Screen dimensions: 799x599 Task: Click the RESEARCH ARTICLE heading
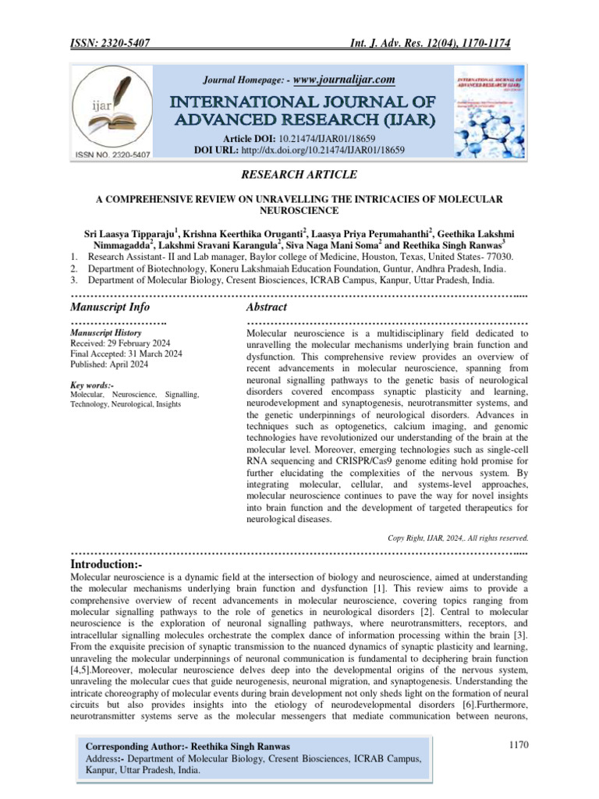click(x=299, y=173)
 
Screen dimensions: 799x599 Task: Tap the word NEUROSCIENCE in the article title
click(x=299, y=211)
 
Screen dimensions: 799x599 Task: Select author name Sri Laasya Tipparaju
click(x=131, y=232)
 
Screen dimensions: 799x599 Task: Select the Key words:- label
click(x=92, y=385)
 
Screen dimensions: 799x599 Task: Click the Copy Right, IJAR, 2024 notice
click(x=458, y=538)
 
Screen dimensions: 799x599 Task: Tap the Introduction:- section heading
click(x=107, y=563)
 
